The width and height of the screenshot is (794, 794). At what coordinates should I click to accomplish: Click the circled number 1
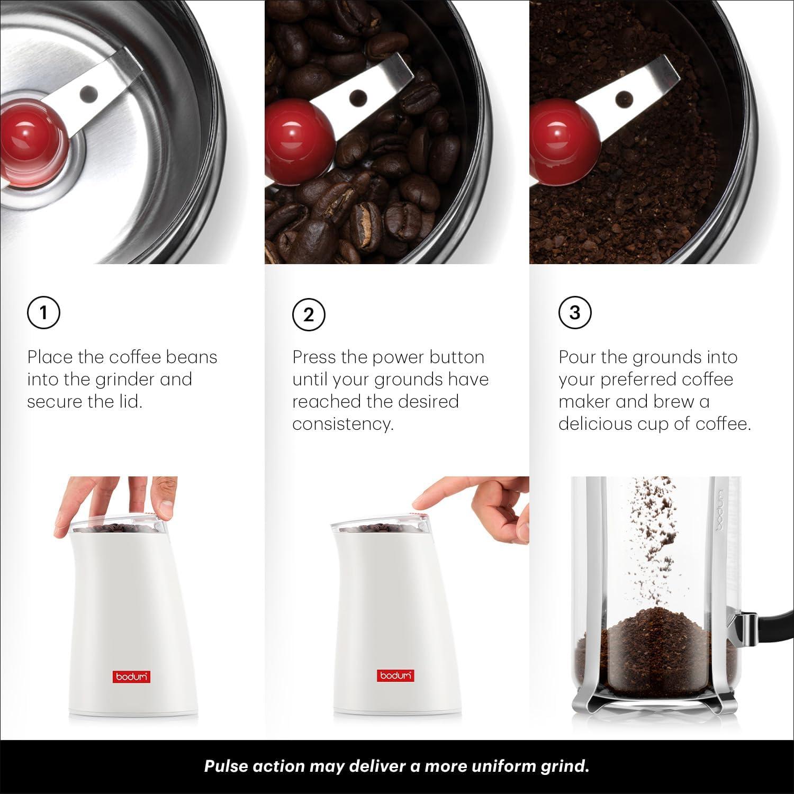pos(43,312)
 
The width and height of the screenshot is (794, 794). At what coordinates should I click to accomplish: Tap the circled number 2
pos(309,314)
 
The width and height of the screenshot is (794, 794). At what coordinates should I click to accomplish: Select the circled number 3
pos(575,312)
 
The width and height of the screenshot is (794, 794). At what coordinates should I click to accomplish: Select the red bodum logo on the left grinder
pos(131,677)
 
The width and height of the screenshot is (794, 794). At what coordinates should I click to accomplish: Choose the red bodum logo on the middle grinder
pos(396,676)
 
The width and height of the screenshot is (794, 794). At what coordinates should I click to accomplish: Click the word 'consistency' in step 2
pos(342,424)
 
